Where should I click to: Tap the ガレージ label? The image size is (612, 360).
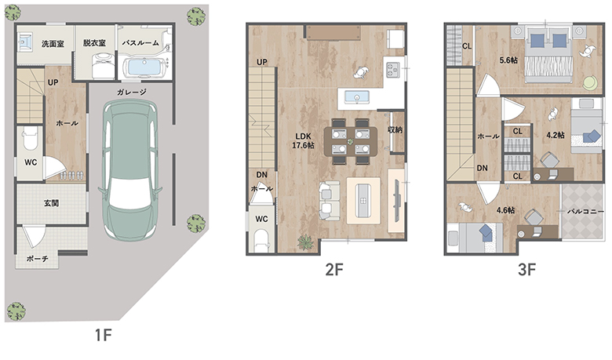coord(132,93)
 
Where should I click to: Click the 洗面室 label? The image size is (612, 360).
coord(53,44)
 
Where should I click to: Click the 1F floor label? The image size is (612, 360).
coord(104,335)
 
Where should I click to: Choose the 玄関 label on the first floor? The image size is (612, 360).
coord(51,203)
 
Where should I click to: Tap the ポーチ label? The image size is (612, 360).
coord(38,259)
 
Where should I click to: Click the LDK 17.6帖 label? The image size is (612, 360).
coord(304,141)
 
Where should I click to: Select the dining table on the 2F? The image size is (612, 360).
coord(351,141)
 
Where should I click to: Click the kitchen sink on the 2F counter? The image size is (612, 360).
coord(357,96)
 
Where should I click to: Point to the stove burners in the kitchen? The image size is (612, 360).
coord(392,70)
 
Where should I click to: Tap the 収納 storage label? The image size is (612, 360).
coord(395,129)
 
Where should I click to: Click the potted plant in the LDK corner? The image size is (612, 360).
coord(306,242)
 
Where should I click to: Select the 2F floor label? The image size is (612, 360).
coord(334,269)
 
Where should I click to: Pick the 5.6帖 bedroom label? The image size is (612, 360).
coord(509,60)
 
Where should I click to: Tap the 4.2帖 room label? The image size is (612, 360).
coord(555,135)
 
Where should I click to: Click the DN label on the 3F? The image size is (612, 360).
coord(483,168)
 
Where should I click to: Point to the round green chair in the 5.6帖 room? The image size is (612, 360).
coord(590,82)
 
